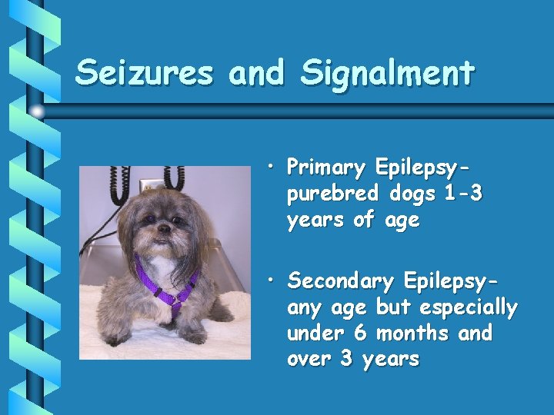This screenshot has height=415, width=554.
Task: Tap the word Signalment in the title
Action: pos(388,73)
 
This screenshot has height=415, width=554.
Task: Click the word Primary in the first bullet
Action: pos(326,168)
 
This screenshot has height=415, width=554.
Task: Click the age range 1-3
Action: pos(463,194)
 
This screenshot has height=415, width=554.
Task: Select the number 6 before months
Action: pos(359,334)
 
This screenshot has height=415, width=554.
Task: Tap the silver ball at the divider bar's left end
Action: pos(36,111)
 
